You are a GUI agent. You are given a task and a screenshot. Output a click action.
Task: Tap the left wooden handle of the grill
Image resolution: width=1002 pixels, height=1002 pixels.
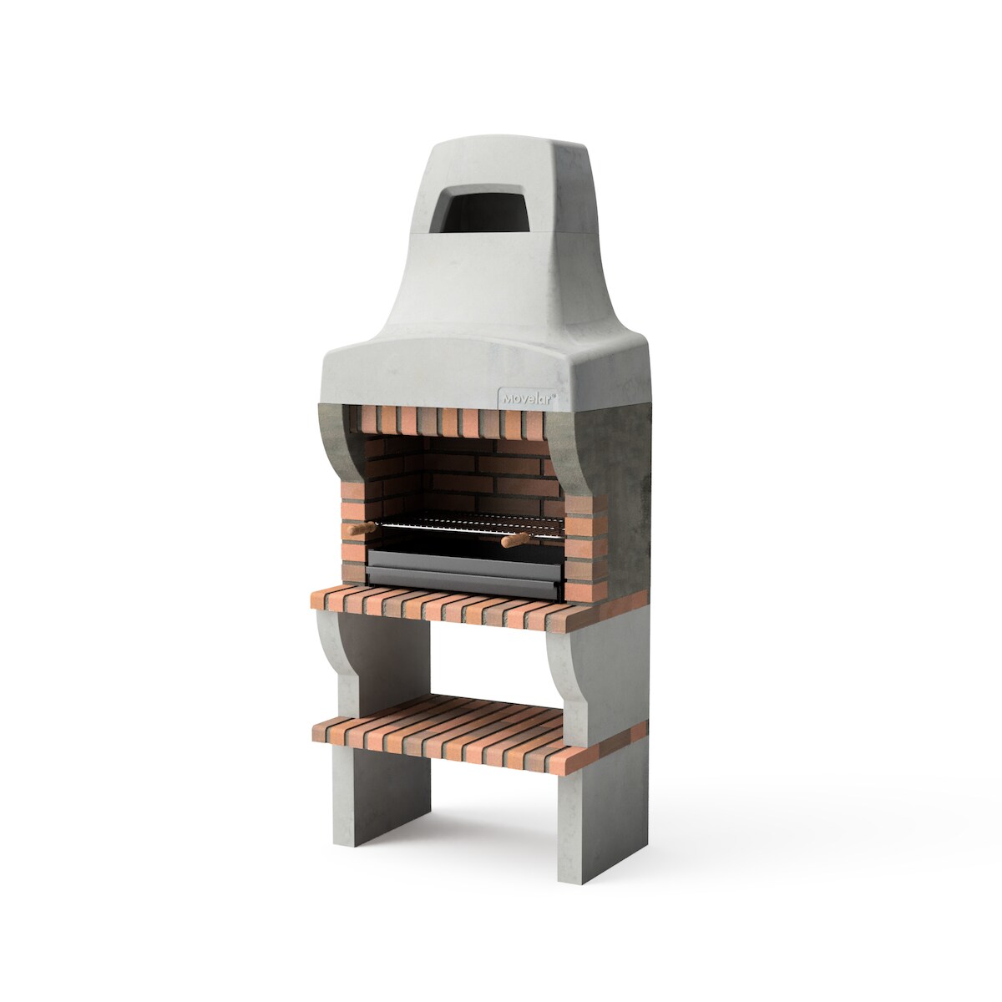click(x=360, y=529)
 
